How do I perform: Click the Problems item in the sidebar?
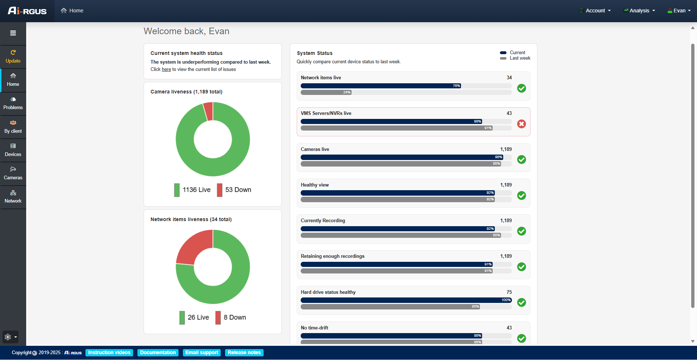(13, 104)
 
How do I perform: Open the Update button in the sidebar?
(13, 57)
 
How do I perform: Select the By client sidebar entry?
(13, 127)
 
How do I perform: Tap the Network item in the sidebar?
(13, 197)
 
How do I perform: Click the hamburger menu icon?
(13, 33)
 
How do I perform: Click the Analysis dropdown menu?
(640, 11)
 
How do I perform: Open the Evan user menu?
(679, 11)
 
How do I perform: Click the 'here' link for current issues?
(166, 69)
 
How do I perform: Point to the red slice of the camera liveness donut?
(208, 111)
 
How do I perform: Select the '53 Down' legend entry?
(234, 190)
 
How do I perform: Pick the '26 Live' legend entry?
(194, 317)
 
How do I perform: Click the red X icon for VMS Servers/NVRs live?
(521, 124)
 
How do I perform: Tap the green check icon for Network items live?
(521, 88)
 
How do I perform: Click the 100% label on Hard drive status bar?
(506, 300)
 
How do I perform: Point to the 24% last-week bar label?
(347, 92)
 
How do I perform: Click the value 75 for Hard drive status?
(509, 292)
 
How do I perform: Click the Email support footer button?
(202, 353)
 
